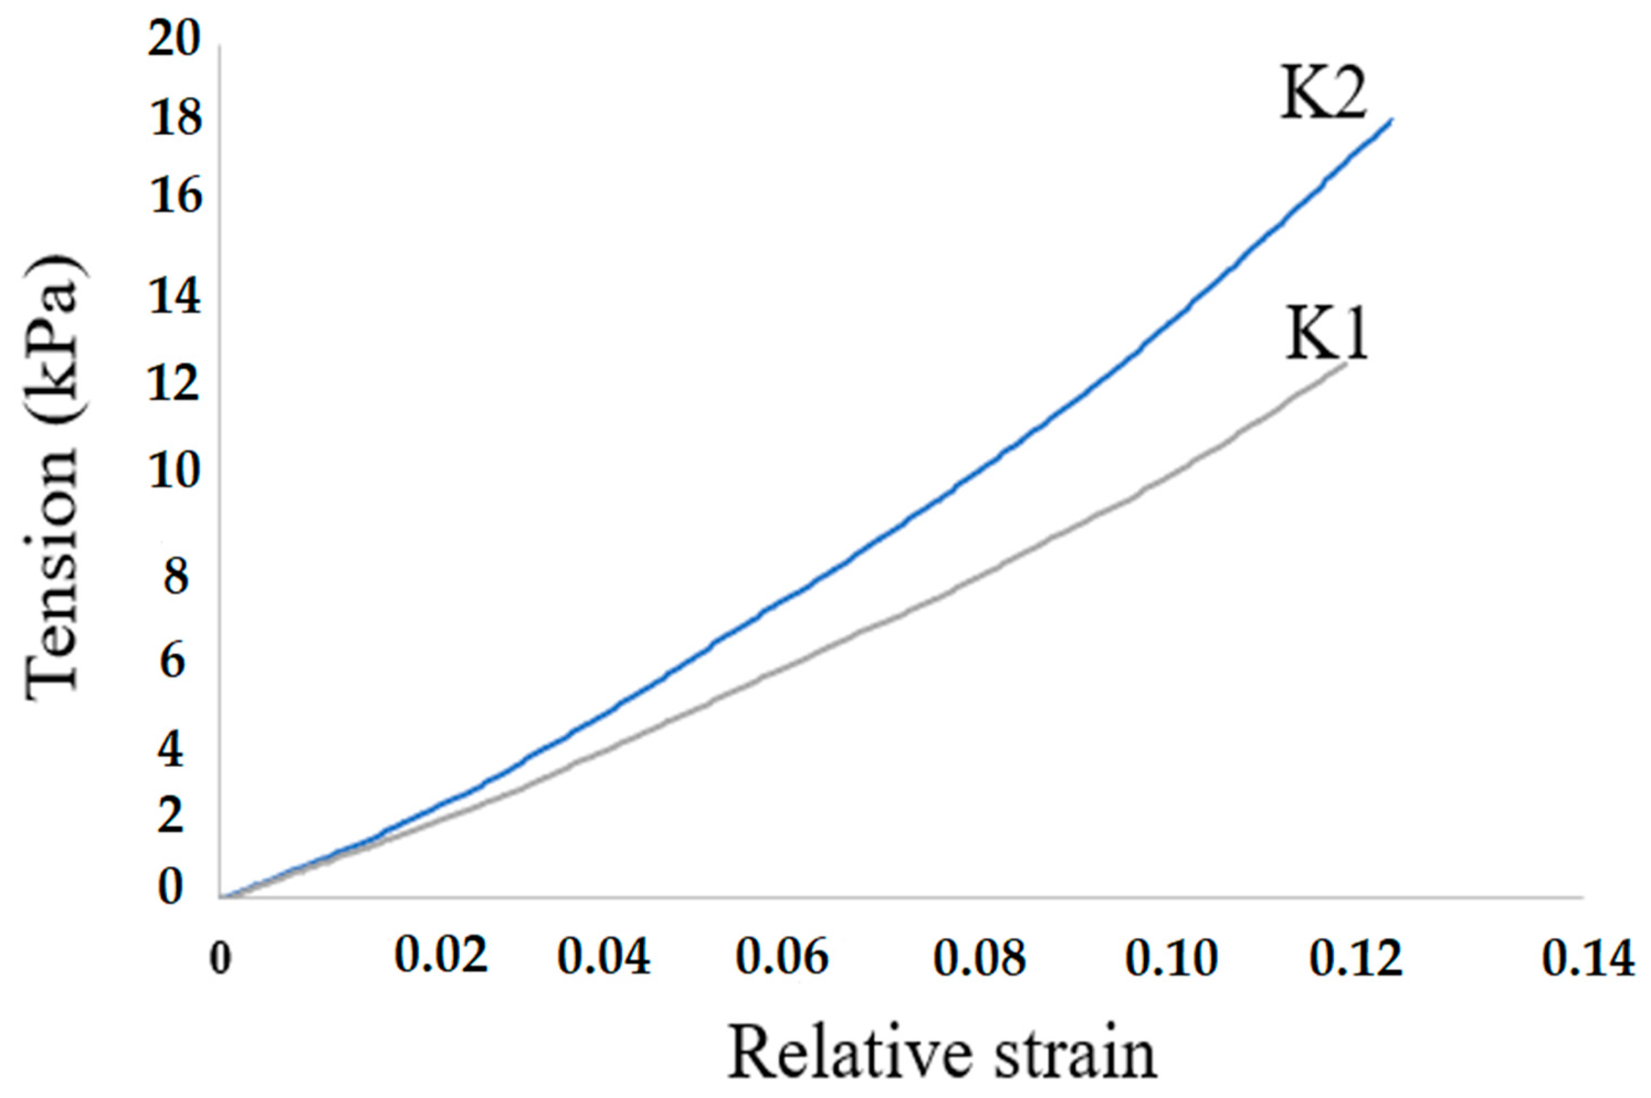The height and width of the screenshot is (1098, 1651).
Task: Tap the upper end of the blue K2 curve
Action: tap(1390, 120)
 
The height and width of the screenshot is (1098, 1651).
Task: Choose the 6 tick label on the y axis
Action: tap(172, 661)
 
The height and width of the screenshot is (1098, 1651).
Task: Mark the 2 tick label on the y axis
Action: tap(170, 816)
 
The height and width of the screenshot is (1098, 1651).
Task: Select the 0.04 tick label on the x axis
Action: tap(603, 958)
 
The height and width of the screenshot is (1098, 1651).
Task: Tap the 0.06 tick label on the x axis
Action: tap(781, 958)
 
